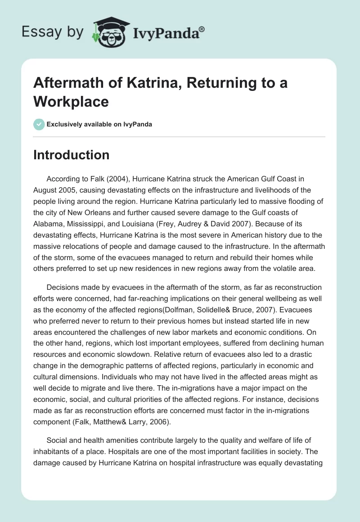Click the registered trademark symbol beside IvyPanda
click(202, 29)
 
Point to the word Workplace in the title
click(71, 102)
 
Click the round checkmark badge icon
click(39, 124)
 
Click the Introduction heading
click(72, 155)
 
